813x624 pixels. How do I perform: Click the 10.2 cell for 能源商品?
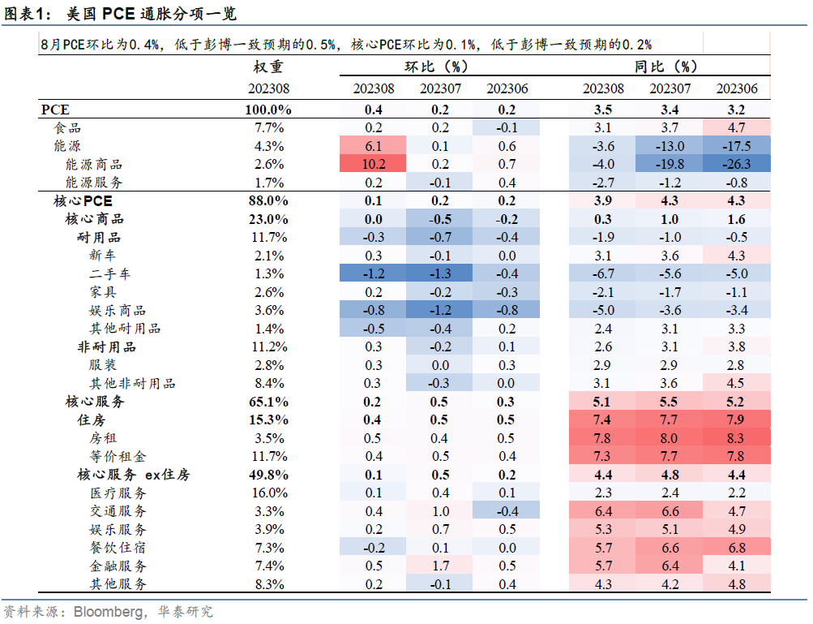(x=374, y=165)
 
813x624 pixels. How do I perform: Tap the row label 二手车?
(x=110, y=274)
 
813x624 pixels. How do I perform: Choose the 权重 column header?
(x=268, y=67)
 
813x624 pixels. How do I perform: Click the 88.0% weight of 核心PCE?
(x=268, y=201)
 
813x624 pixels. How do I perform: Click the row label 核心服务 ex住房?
(x=134, y=475)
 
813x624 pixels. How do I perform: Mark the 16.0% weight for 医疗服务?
(x=268, y=493)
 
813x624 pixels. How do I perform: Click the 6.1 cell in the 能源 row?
(x=374, y=146)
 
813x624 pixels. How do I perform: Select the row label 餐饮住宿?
(x=118, y=548)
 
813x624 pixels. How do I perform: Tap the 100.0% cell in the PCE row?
(x=268, y=110)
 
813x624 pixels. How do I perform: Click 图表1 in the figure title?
(x=27, y=14)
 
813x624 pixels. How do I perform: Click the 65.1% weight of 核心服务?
(x=268, y=402)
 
